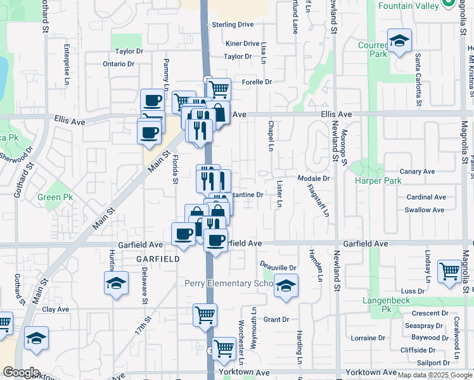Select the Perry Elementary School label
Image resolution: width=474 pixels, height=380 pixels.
(229, 283)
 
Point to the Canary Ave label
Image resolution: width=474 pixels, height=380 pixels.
(417, 172)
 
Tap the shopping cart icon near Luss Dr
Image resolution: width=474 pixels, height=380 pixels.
(449, 271)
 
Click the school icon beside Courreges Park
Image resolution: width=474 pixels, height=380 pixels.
(399, 41)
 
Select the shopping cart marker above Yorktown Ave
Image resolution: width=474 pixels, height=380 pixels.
(224, 348)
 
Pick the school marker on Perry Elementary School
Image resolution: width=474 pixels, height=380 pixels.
(286, 286)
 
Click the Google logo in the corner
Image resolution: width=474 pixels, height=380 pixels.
(21, 372)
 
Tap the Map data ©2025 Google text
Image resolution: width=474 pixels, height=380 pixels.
(434, 375)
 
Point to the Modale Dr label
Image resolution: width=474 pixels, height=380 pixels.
(314, 179)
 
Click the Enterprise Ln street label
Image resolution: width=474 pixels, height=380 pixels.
(67, 64)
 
